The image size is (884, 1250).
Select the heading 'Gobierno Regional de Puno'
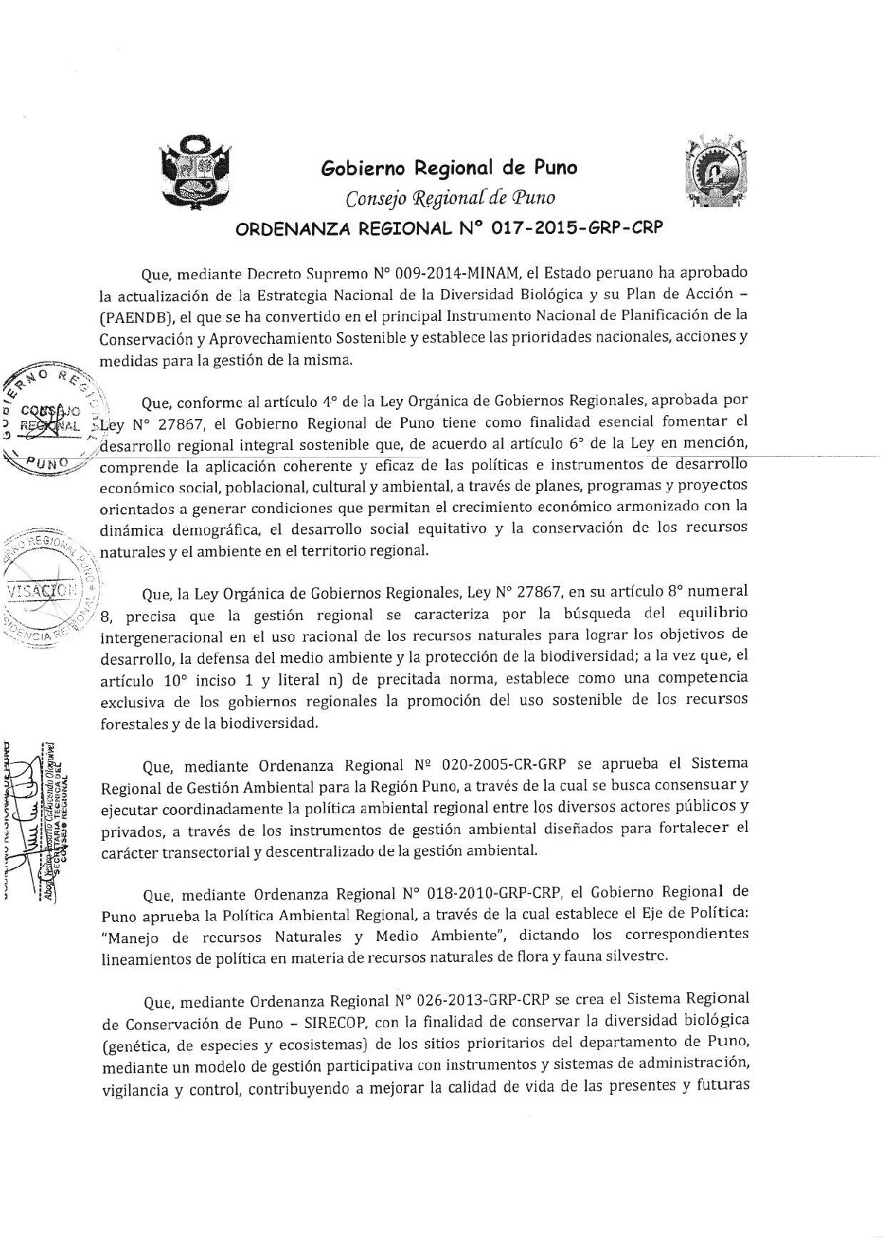(449, 168)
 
